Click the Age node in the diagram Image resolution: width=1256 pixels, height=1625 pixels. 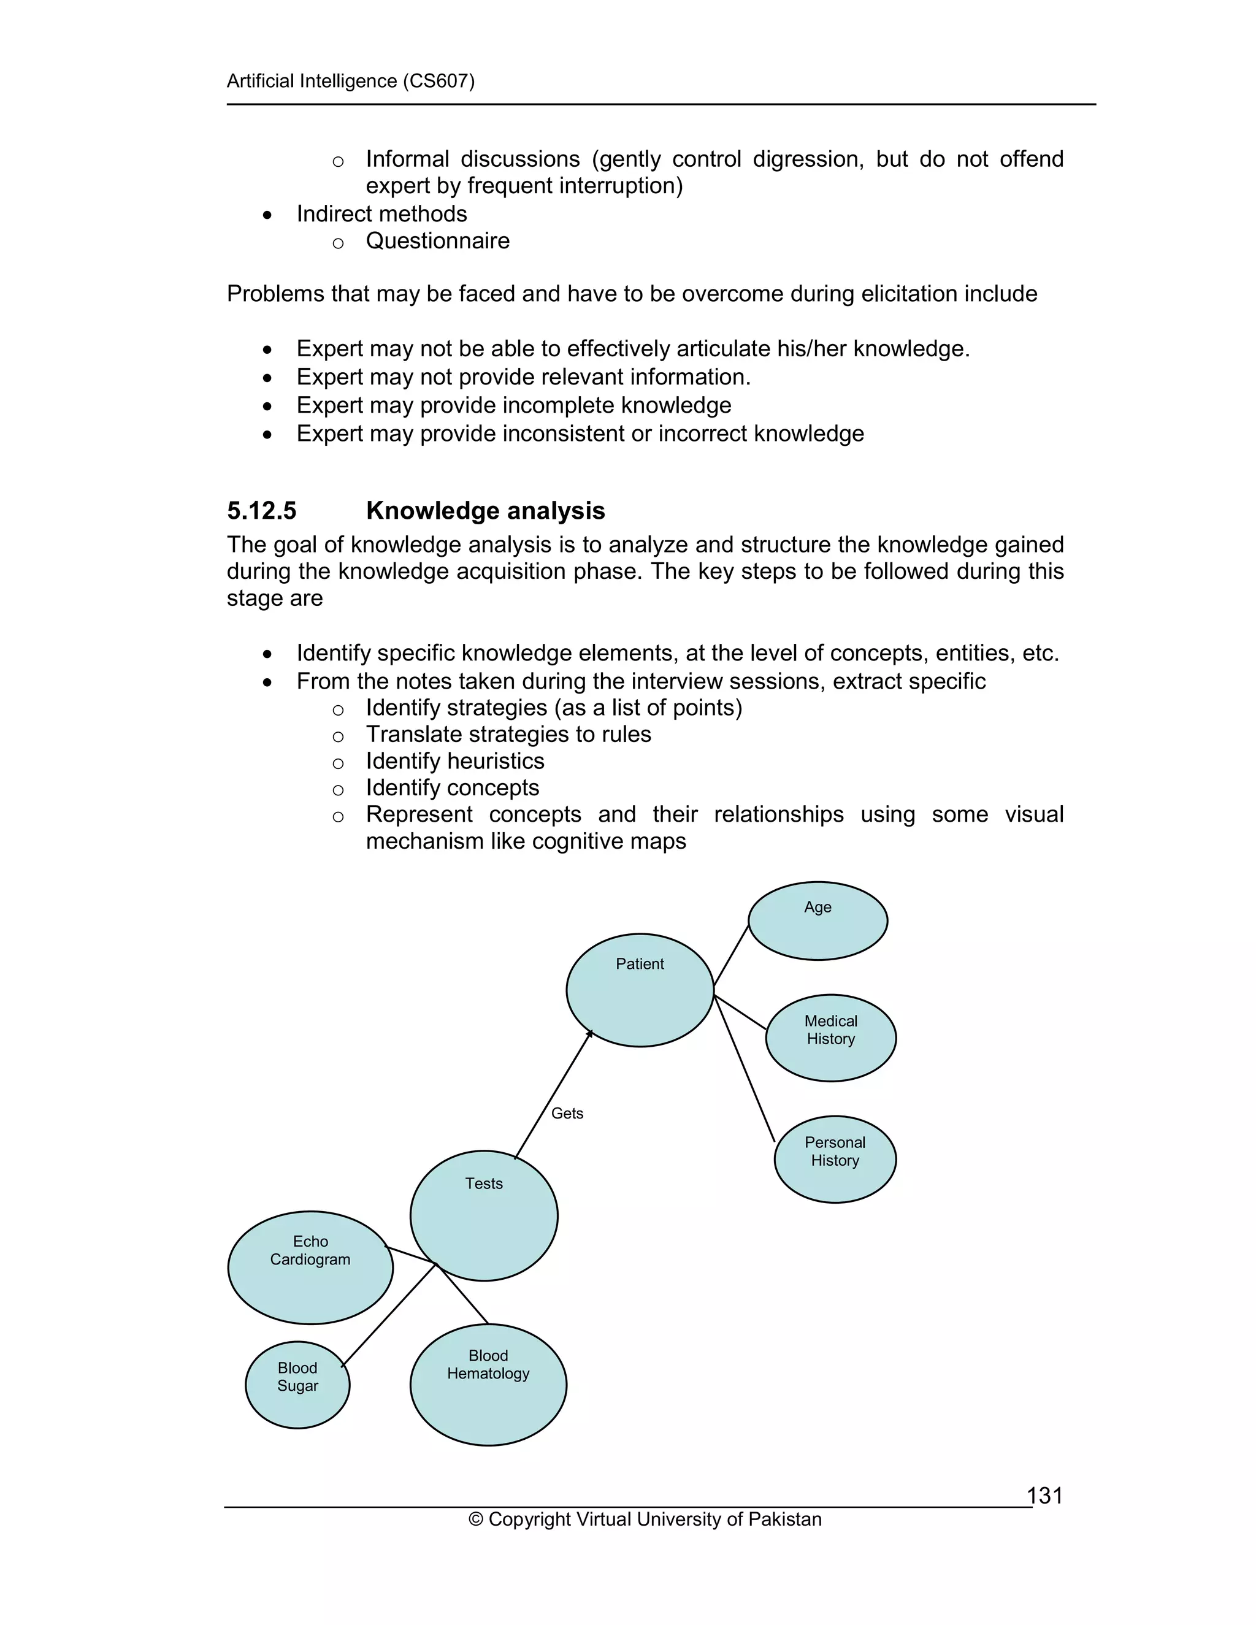(x=817, y=921)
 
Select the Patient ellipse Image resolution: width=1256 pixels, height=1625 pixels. (x=640, y=990)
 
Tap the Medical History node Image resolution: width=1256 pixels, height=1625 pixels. (x=830, y=1038)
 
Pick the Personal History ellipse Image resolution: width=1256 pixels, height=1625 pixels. (x=835, y=1159)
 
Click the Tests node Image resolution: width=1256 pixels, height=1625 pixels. (x=484, y=1216)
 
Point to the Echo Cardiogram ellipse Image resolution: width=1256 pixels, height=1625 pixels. (x=310, y=1268)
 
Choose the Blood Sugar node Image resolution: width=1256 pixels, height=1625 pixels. (x=297, y=1385)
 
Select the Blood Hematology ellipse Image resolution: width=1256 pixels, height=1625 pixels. (x=488, y=1385)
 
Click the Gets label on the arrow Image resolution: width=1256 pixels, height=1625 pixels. (x=567, y=1113)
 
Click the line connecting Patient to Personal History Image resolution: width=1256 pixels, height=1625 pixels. (x=744, y=1068)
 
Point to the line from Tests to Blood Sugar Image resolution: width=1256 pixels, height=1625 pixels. (x=388, y=1315)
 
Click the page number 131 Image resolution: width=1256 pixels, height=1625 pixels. (x=1044, y=1496)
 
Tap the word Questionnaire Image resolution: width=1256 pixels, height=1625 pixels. (x=437, y=241)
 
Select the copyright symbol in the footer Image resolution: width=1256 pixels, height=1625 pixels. (x=475, y=1520)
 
